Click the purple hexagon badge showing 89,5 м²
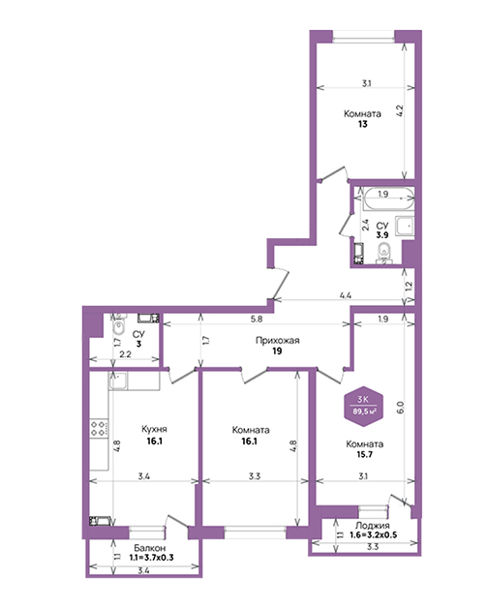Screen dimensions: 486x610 click(364, 406)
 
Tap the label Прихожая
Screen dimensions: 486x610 click(278, 341)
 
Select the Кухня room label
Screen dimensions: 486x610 click(154, 429)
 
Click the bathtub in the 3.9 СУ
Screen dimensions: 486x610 click(388, 198)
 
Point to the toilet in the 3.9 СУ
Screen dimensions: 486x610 click(384, 253)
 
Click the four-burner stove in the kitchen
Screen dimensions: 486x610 click(99, 428)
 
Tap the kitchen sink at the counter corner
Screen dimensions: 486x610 click(118, 381)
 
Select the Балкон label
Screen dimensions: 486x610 click(150, 548)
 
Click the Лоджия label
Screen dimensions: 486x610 click(373, 526)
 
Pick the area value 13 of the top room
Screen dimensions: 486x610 click(363, 125)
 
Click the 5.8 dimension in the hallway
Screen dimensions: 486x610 click(257, 319)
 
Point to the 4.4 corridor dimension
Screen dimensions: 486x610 click(346, 295)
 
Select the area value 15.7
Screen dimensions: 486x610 click(365, 454)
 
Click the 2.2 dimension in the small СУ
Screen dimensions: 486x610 click(125, 354)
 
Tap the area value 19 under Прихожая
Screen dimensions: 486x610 click(277, 351)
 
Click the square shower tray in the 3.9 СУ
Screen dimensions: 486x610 click(405, 226)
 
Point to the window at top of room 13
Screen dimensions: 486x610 click(363, 38)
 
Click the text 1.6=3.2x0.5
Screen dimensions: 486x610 click(373, 534)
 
